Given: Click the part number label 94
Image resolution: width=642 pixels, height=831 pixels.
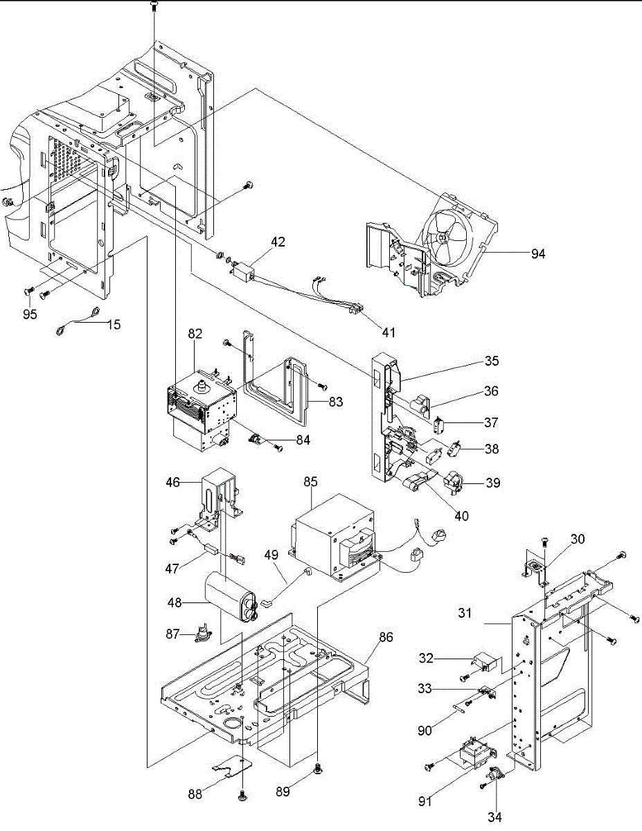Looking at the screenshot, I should click(538, 254).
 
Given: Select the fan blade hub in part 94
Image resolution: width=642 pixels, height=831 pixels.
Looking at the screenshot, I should click(441, 237).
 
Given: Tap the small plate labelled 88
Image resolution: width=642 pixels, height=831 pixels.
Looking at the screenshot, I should click(231, 766).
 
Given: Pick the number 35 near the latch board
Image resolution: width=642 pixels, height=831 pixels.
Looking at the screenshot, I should click(491, 361).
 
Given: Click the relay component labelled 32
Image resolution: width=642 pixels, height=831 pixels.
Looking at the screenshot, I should click(484, 662).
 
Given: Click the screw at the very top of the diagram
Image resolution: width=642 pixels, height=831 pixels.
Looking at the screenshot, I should click(153, 6).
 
